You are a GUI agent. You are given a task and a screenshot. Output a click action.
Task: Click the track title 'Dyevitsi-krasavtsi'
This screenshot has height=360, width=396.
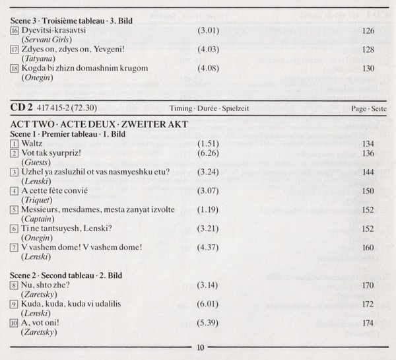59,30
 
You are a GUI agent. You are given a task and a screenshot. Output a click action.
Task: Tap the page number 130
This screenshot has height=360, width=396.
368,68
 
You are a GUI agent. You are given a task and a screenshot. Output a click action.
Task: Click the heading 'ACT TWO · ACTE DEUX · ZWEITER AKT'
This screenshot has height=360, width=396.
100,124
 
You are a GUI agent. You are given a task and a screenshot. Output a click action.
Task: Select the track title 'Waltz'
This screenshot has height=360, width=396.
32,143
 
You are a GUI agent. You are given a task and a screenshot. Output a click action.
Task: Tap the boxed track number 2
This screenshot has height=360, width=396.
15,153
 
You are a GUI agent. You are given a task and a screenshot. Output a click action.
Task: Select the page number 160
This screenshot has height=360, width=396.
368,248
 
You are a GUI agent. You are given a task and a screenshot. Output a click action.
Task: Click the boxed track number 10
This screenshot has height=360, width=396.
15,324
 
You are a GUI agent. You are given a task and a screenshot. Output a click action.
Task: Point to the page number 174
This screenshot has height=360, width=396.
368,324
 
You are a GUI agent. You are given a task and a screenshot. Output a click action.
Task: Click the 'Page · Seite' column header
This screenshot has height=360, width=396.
369,108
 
